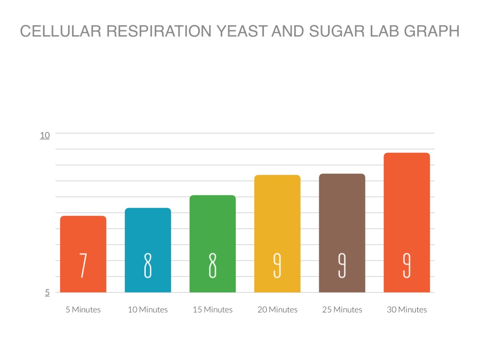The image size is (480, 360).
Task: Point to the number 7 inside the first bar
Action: pos(83,265)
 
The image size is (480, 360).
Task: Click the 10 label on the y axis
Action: pos(45,135)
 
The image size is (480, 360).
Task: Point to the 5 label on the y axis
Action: pos(47,292)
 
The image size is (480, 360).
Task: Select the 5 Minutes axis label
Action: pos(83,310)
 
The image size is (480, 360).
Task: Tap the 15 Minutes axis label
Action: pos(213,310)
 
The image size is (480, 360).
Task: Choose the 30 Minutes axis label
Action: pos(407,310)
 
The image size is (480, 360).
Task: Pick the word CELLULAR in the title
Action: pos(61,31)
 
